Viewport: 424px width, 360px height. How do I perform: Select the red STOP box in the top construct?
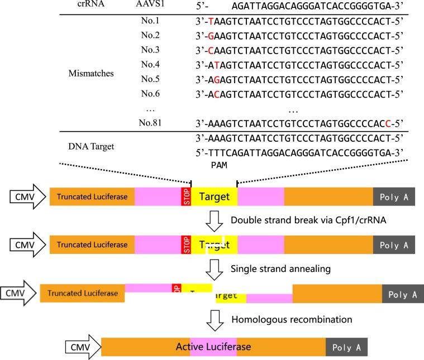coord(186,197)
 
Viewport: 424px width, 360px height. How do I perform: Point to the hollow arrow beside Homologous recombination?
coord(214,320)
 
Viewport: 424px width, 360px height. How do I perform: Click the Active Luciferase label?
coord(213,347)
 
